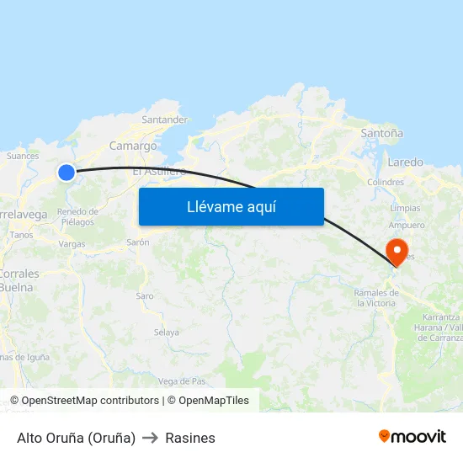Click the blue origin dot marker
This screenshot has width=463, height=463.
click(67, 173)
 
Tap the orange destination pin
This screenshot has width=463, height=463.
click(396, 251)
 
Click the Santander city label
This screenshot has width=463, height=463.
click(164, 120)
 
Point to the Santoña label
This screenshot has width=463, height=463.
click(381, 133)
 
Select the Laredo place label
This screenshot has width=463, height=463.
click(406, 162)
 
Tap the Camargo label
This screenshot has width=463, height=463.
click(133, 146)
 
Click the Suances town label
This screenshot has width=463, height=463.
click(23, 156)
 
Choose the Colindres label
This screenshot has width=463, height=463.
click(386, 182)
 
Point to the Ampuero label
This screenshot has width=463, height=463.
click(407, 226)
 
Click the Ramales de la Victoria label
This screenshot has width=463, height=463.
click(375, 298)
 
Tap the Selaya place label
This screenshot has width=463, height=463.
click(166, 333)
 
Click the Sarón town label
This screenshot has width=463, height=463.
click(137, 242)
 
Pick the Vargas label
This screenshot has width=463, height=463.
click(72, 244)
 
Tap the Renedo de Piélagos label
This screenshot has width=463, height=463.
click(77, 216)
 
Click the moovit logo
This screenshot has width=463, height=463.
click(412, 437)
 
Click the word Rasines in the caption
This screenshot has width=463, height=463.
click(190, 438)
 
